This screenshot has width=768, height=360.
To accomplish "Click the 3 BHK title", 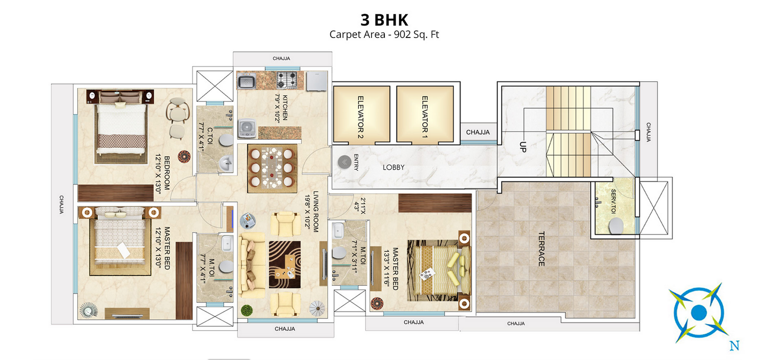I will point(384,20).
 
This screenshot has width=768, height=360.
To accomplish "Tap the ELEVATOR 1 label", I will point(425,117).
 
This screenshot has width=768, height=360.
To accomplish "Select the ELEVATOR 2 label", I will point(360,117).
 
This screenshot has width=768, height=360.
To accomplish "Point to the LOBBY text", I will point(393,167).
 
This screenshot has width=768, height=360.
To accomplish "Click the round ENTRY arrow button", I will point(344,162).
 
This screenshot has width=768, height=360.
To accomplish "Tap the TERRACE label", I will point(541,249).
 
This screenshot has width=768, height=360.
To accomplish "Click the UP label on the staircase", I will point(523,147).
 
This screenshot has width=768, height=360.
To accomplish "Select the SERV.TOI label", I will point(613,201).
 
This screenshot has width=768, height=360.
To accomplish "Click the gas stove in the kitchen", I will point(286,80).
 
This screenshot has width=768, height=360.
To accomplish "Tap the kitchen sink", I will point(246,82).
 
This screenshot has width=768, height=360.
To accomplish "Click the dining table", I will point(272,168).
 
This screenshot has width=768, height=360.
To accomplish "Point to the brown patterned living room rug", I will point(284,264).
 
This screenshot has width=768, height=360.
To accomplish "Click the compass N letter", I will point(734,346).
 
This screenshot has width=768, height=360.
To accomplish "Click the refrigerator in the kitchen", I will point(317,81).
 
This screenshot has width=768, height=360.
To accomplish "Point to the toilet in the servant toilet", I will point(616,227).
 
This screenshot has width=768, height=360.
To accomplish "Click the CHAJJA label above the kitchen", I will point(281,59).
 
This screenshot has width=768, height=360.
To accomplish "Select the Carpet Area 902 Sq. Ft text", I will point(384,34).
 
